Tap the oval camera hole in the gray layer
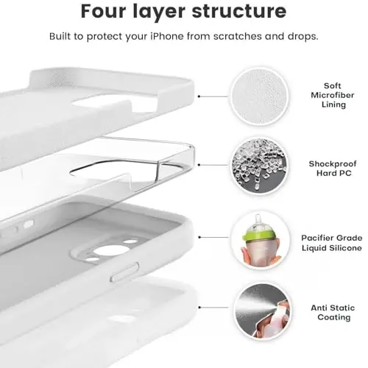111,250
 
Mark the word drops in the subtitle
302,36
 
